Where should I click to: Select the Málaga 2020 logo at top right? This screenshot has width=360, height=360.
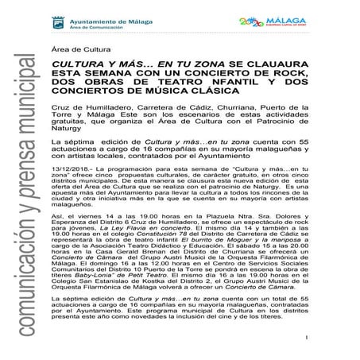pos(309,15)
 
